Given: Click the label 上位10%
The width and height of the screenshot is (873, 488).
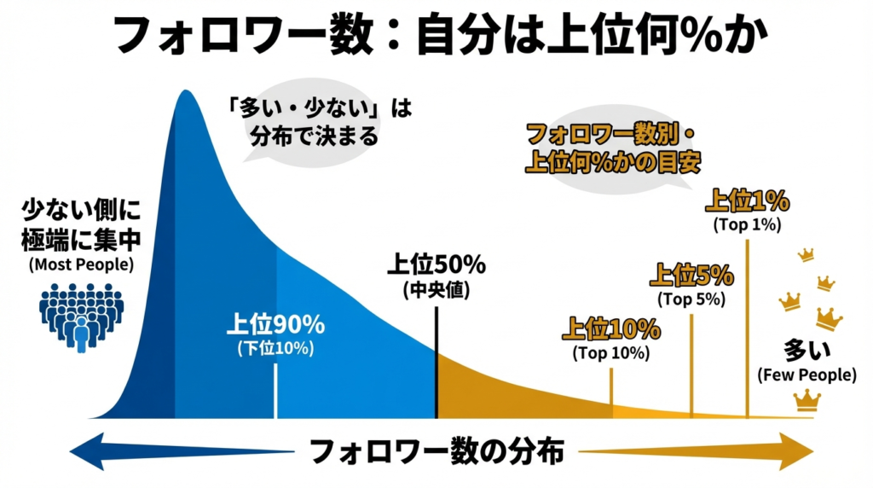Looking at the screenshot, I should [x=611, y=328].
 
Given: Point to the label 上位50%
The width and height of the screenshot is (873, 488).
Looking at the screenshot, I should [x=436, y=265].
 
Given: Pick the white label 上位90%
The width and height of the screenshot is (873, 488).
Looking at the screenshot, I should [x=275, y=324].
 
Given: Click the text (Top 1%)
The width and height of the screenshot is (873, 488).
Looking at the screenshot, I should [x=747, y=225].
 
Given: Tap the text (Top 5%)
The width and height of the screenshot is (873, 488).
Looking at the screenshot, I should [x=691, y=299].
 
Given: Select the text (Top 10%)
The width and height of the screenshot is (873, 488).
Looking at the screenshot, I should [x=611, y=351].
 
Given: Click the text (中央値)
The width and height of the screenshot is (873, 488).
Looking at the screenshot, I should [x=436, y=289].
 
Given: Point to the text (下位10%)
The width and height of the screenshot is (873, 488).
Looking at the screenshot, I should [x=275, y=347].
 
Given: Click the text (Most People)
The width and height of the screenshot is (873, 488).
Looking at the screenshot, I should [x=81, y=264].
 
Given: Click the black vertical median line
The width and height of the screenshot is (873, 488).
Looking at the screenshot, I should [x=436, y=363].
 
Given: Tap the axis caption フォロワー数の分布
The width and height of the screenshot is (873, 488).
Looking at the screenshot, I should [x=436, y=451].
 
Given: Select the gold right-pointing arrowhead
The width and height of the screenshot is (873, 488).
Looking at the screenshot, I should [x=796, y=451].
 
